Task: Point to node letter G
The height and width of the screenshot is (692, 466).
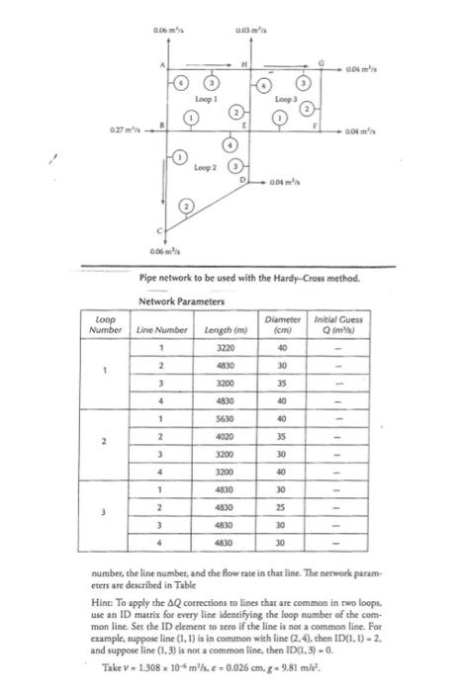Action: tap(320, 62)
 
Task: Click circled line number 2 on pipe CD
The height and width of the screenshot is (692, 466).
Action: tap(185, 206)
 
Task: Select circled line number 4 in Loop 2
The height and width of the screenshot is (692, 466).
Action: tap(235, 146)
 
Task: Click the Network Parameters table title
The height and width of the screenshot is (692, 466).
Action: tap(184, 301)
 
